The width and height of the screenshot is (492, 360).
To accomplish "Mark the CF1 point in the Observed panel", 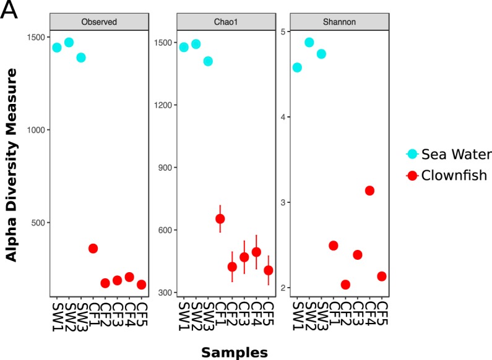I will click(93, 248).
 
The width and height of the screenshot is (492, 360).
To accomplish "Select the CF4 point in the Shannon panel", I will click(369, 191).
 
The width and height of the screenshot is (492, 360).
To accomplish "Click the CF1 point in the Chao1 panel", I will click(220, 218).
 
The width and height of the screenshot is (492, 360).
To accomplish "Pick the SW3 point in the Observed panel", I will click(81, 58).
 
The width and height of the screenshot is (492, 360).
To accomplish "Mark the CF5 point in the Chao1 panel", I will click(269, 270).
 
